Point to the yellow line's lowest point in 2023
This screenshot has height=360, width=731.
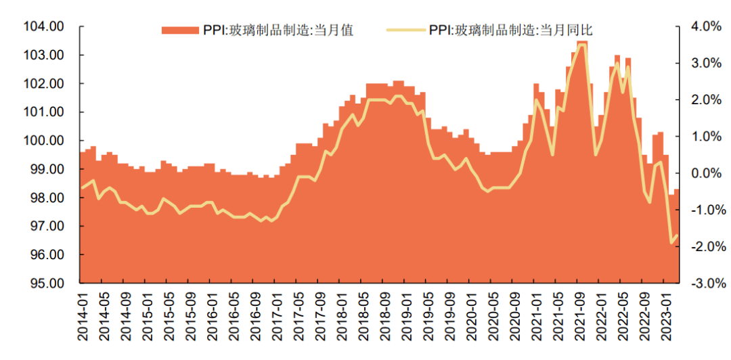pyautogui.click(x=671, y=243)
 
